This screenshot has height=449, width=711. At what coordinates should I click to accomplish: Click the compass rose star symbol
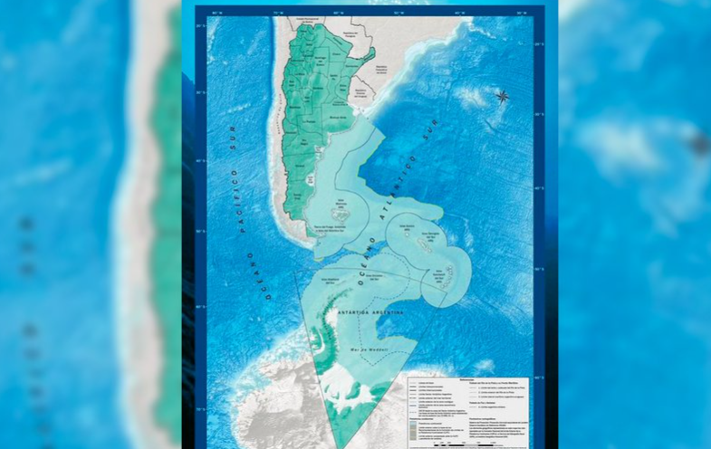501,95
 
